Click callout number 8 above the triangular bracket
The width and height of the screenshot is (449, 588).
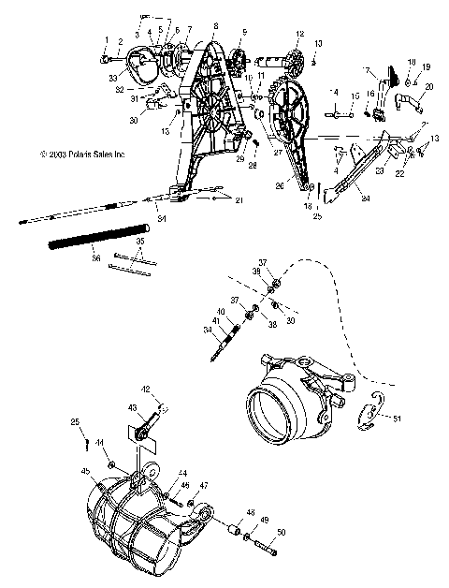pyautogui.click(x=215, y=26)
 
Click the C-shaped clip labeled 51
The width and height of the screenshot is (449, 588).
pyautogui.click(x=372, y=413)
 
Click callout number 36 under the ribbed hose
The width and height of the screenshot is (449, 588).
pyautogui.click(x=94, y=252)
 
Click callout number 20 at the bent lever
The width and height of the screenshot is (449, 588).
pyautogui.click(x=429, y=86)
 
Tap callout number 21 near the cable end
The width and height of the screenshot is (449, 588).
pyautogui.click(x=239, y=201)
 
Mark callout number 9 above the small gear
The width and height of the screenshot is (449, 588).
pyautogui.click(x=246, y=33)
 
